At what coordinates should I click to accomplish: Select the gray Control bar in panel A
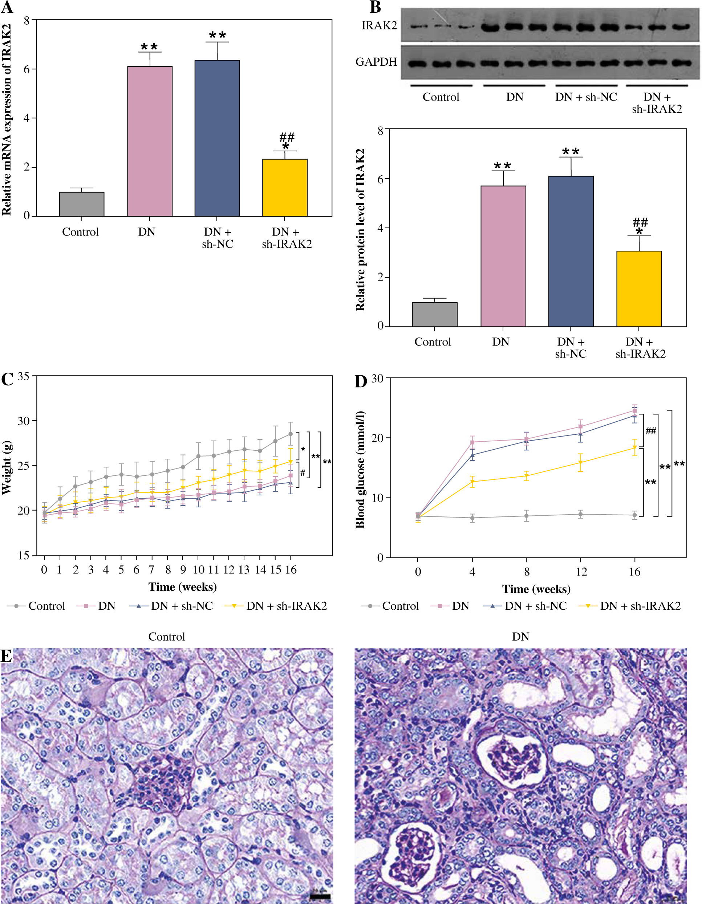[x=82, y=204]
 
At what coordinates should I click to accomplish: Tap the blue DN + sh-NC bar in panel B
[x=571, y=251]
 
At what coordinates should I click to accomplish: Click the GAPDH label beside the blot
[x=376, y=62]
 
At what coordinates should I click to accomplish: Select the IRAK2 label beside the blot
[x=379, y=26]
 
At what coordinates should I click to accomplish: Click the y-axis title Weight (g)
[x=7, y=468]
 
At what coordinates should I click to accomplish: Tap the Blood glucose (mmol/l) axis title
[x=360, y=470]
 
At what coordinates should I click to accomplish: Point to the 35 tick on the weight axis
[x=23, y=376]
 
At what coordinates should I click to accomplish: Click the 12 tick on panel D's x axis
[x=581, y=572]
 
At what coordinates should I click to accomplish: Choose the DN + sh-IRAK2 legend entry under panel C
[x=276, y=606]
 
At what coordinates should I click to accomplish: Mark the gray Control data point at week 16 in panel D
[x=634, y=515]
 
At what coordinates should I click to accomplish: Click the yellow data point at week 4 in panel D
[x=472, y=481]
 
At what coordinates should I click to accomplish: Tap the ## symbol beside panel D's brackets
[x=651, y=431]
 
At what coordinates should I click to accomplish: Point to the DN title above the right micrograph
[x=520, y=637]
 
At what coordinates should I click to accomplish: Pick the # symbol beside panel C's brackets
[x=303, y=473]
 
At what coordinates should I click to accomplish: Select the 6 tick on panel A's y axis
[x=27, y=69]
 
